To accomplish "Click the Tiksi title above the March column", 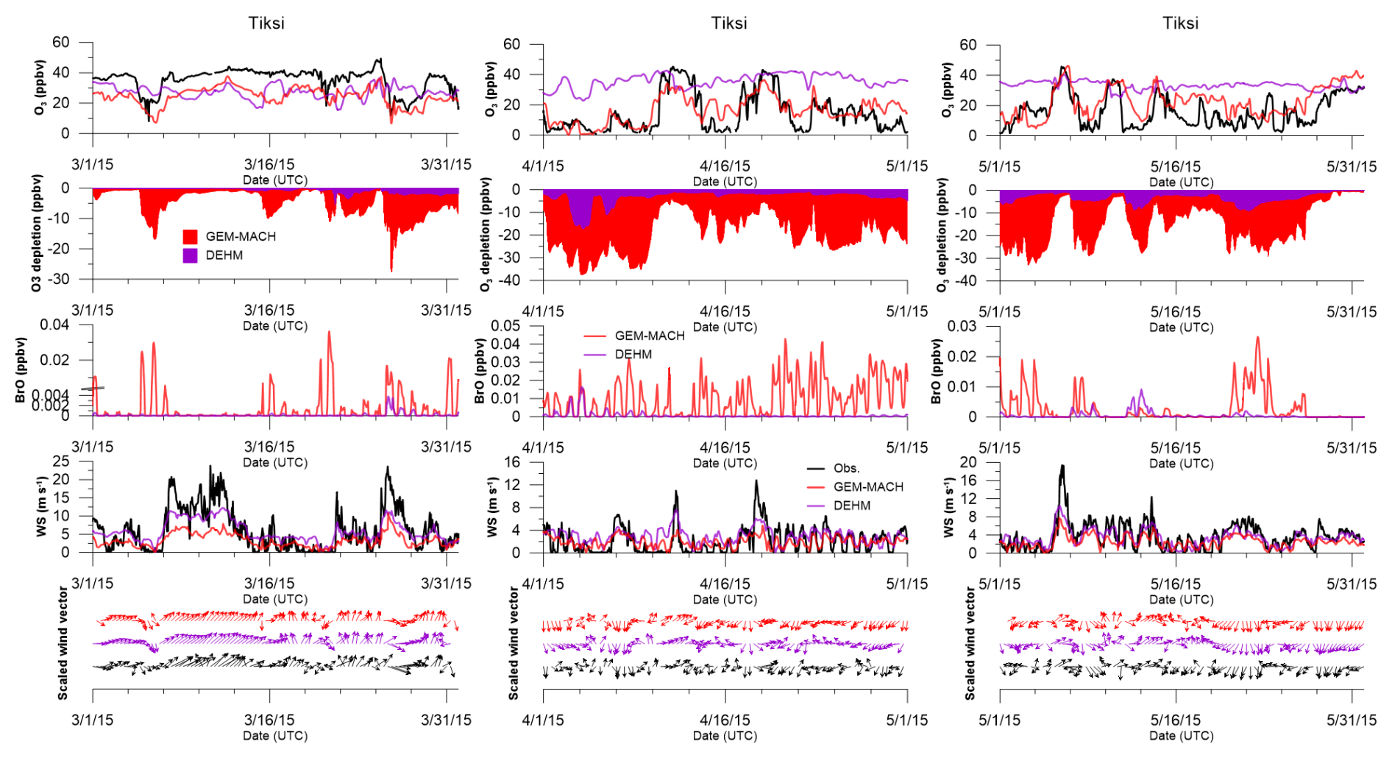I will [x=266, y=23].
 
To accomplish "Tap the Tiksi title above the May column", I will [x=1180, y=23].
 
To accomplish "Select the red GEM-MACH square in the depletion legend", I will [x=191, y=236].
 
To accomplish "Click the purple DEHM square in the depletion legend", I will [x=191, y=255].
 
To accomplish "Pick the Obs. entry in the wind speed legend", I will [x=846, y=468].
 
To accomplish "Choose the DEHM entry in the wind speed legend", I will [x=851, y=506].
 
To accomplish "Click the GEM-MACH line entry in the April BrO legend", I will [x=649, y=336].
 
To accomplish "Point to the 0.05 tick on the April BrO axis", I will [x=506, y=326].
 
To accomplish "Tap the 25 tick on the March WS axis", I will [x=61, y=461].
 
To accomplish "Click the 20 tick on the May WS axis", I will [x=968, y=463].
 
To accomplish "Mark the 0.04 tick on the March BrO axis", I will [x=55, y=325].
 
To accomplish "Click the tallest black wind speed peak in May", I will [x=1062, y=466].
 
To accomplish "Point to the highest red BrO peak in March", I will [x=329, y=332].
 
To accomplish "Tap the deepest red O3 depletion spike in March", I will [x=391, y=270].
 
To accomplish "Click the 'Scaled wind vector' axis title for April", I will [x=514, y=643].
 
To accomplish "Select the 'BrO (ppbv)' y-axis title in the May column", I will [x=936, y=371].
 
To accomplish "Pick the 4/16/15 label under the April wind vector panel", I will [x=725, y=720].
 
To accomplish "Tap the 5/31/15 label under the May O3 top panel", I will [x=1352, y=166].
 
